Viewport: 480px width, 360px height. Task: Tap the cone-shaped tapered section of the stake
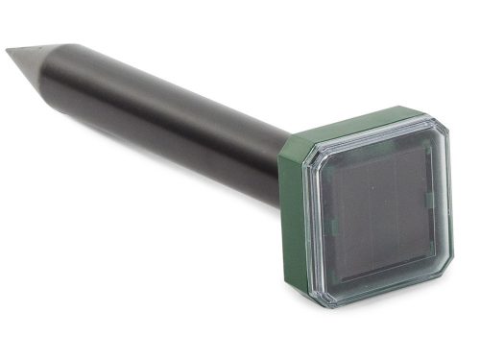[x=36, y=59]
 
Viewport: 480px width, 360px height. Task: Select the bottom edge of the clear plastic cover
[x=389, y=294]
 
